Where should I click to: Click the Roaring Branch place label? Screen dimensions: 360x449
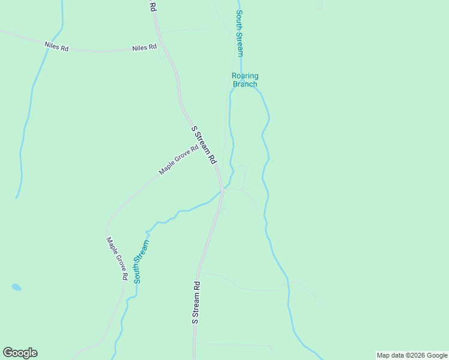[x=245, y=80]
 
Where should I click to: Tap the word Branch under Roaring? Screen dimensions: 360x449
[x=245, y=84]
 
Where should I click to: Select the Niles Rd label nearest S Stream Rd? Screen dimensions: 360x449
[x=144, y=47]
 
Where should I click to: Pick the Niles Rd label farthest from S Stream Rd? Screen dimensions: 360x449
[x=56, y=46]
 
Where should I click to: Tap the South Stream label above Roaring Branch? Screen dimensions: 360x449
[x=240, y=33]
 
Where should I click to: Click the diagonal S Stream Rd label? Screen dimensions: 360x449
[x=203, y=145]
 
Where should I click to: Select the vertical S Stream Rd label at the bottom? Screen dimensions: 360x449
[x=195, y=302]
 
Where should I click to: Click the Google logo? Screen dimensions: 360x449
[x=20, y=353]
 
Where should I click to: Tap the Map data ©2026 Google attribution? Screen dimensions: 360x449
[x=412, y=355]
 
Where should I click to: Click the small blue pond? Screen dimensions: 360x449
[x=16, y=287]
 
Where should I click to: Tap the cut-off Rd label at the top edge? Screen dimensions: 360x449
[x=152, y=7]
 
